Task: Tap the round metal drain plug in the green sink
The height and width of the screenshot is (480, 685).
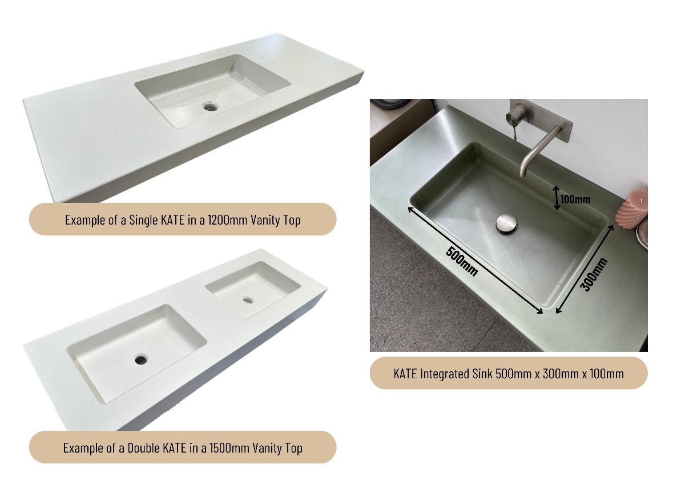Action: tap(506, 223)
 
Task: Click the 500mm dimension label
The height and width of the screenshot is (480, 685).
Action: tap(462, 261)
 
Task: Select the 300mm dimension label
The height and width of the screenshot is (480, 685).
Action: tap(594, 274)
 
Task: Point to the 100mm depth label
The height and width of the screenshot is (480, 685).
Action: tap(575, 199)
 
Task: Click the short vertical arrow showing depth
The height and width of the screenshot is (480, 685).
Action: tap(557, 198)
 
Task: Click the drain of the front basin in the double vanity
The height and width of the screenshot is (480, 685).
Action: tap(140, 359)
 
